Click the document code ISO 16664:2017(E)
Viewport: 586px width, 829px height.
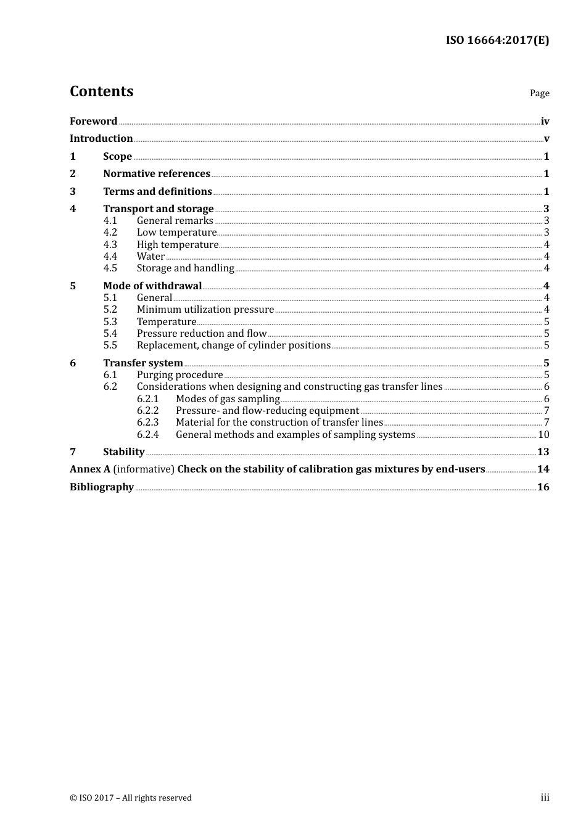[497, 40]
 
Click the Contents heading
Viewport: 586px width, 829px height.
[101, 91]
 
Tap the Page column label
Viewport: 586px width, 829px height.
[539, 93]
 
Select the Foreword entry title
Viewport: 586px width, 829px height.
[93, 122]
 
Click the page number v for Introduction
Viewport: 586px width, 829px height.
[546, 139]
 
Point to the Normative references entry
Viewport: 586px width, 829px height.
[157, 174]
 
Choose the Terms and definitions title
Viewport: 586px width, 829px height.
[157, 192]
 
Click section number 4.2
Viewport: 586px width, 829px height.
[110, 233]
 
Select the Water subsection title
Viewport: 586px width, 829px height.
[151, 257]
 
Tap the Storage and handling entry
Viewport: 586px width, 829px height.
[185, 268]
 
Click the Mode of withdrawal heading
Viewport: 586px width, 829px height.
[152, 286]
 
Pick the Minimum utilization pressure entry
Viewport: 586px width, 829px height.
[205, 310]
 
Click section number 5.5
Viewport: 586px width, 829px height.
[110, 345]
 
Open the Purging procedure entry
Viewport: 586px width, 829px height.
[180, 375]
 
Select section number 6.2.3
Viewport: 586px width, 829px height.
[147, 423]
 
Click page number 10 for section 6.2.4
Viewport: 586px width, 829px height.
[543, 435]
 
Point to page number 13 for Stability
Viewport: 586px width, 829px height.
[543, 452]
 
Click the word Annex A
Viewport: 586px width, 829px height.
[89, 469]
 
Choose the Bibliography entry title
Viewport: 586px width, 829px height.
[102, 487]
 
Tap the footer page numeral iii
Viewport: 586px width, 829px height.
[545, 798]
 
